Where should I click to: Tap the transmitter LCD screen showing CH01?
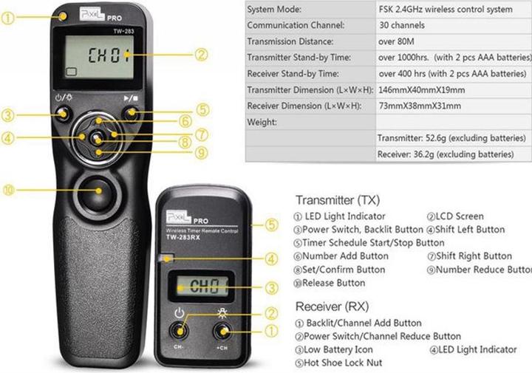(98, 56)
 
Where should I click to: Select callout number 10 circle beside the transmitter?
(9, 190)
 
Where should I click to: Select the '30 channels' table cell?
(403, 25)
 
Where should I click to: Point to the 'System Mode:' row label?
(274, 10)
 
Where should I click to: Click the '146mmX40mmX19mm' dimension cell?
(421, 90)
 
